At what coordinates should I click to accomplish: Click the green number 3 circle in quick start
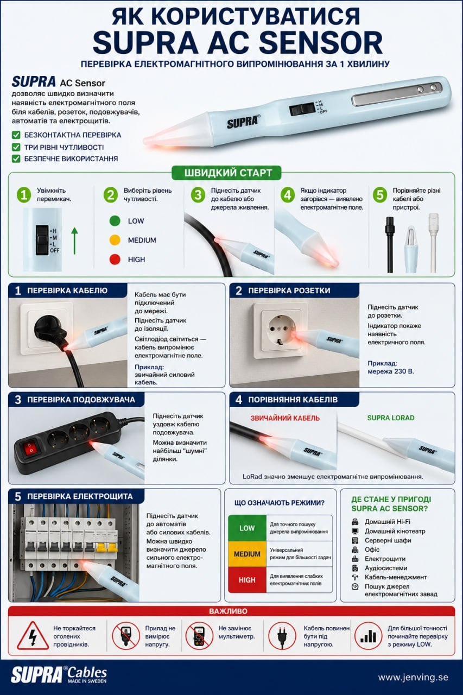tap(198, 195)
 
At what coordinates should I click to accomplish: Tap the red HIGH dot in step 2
tap(115, 259)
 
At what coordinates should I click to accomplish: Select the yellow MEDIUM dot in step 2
tap(115, 240)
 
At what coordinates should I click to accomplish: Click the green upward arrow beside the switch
tap(74, 241)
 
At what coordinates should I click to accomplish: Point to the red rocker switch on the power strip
tap(30, 448)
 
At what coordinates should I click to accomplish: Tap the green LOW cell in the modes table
tap(247, 528)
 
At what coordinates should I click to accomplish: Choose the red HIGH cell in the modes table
tap(247, 580)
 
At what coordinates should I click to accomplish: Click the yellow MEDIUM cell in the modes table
tap(247, 554)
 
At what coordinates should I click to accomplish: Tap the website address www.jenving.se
tap(413, 677)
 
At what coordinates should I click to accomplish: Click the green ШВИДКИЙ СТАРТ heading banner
tap(227, 173)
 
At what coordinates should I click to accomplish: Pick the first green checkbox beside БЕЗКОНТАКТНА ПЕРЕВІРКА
tap(16, 135)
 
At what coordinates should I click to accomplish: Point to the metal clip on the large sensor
tap(398, 94)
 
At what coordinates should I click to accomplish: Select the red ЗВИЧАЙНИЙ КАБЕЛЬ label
tap(285, 418)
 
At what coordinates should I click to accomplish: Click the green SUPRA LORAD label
tap(391, 418)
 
